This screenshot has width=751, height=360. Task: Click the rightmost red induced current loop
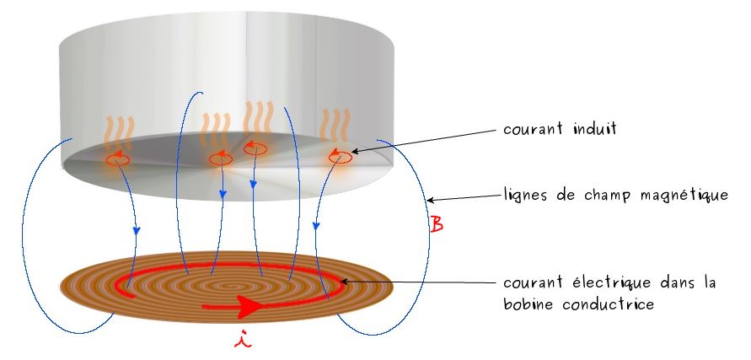[341, 156]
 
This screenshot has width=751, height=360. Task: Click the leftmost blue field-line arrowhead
[136, 230]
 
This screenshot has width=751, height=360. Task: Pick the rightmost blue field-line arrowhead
[316, 225]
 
